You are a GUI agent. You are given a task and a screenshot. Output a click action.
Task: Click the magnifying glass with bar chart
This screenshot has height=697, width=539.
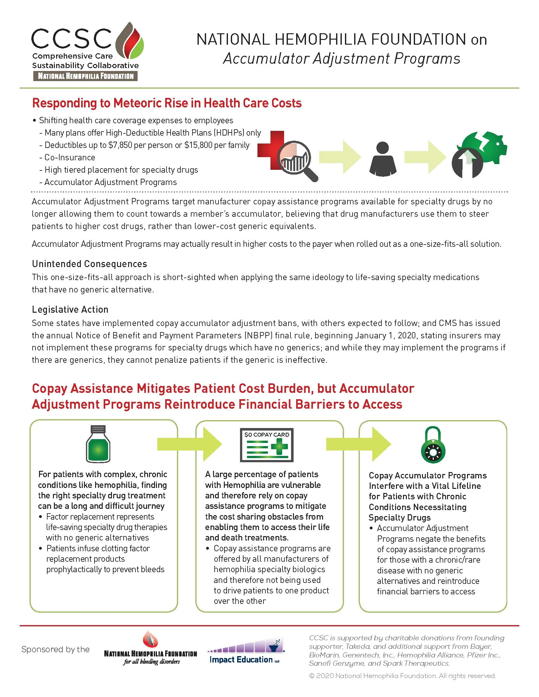click(296, 160)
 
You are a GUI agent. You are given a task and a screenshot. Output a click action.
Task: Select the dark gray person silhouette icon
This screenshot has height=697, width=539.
click(383, 159)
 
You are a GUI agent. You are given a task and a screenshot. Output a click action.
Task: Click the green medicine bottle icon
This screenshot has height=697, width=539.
click(98, 444)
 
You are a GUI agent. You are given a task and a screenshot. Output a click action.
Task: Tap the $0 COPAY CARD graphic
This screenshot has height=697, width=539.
click(267, 444)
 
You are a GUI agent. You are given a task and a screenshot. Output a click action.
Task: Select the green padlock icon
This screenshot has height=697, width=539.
click(433, 445)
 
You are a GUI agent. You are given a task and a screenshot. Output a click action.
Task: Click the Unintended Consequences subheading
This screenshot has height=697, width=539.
click(89, 264)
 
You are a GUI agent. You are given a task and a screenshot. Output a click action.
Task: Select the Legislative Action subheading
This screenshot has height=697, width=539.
click(70, 310)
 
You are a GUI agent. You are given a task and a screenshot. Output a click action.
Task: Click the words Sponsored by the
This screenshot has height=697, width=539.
click(55, 649)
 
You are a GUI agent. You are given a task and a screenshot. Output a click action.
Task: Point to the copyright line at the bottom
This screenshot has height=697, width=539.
click(402, 676)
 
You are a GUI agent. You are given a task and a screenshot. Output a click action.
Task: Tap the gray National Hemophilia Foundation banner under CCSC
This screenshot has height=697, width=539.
click(86, 76)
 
